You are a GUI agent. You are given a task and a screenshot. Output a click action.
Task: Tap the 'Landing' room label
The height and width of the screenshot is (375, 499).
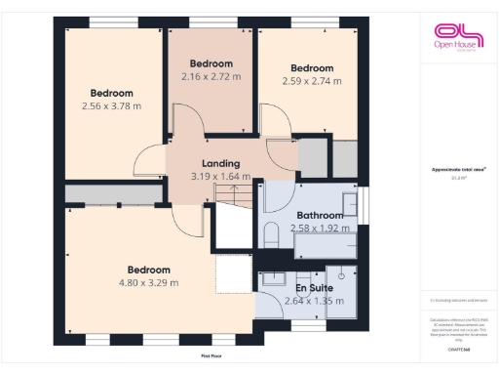tap(220, 163)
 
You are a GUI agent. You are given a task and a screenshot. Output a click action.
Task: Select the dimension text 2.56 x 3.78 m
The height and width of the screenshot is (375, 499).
tap(111, 106)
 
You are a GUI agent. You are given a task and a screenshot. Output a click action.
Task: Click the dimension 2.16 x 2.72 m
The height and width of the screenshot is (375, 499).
tap(211, 75)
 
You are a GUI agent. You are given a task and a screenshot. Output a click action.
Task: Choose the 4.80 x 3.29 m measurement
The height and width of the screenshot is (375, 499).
tap(149, 283)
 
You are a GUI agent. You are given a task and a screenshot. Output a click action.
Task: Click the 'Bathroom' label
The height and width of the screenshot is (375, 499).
tap(320, 215)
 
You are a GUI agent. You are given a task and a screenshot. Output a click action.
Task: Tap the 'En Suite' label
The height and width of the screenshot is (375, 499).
tap(305, 288)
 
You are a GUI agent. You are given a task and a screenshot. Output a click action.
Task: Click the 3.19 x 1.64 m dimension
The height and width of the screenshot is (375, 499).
tap(221, 177)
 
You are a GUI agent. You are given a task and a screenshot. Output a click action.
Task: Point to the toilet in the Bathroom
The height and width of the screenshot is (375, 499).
tap(272, 235)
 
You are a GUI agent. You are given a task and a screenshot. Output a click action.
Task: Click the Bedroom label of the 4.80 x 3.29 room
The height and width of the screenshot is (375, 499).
tap(149, 270)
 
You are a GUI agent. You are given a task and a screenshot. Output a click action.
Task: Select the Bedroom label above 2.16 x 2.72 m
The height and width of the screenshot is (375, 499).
tap(211, 62)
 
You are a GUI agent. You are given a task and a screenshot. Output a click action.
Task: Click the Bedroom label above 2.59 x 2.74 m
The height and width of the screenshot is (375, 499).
tap(313, 67)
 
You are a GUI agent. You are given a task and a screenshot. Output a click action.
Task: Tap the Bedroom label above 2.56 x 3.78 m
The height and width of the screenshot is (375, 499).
tap(111, 93)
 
